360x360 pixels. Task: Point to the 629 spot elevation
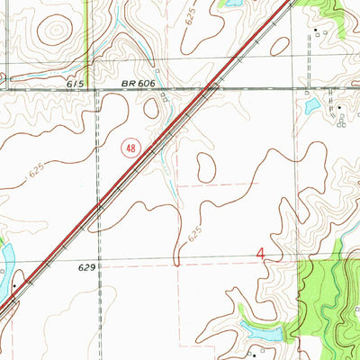(86, 267)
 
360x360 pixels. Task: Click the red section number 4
(261, 256)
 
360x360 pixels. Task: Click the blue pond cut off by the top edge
(231, 4)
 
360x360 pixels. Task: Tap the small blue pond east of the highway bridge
(312, 106)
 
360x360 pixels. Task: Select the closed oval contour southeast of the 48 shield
(205, 166)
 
